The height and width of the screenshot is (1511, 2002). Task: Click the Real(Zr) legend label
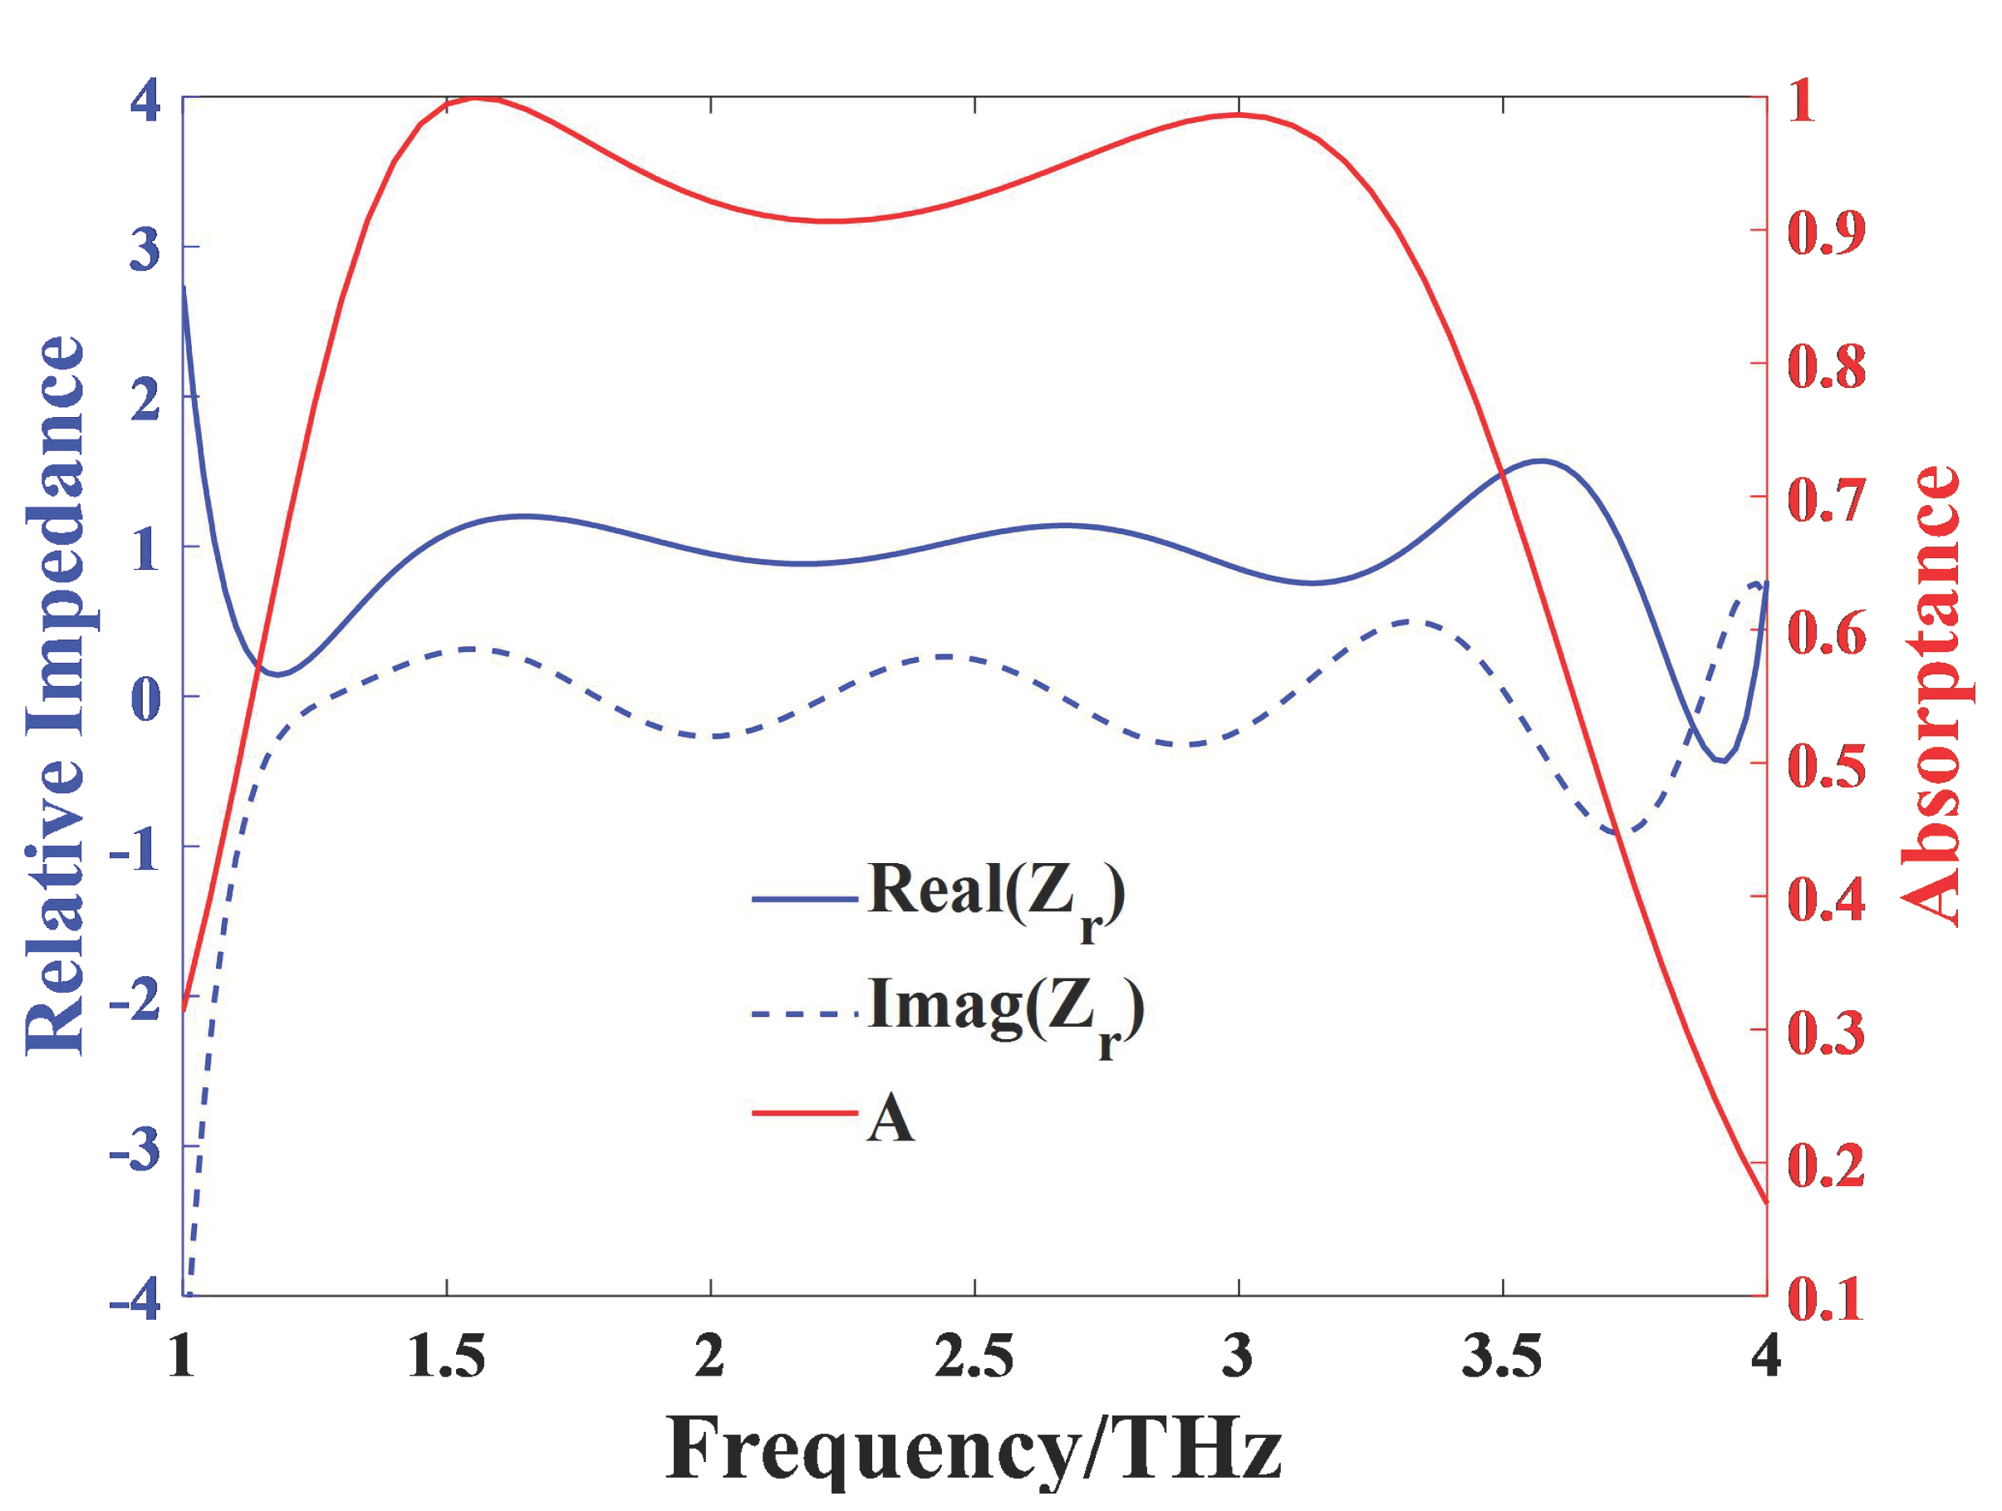995,895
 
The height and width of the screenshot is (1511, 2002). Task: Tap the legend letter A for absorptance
890,1118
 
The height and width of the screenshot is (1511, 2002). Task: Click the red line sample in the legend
803,1111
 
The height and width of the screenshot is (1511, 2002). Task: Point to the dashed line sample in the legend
803,1014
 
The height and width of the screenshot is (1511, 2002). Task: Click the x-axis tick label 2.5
974,1358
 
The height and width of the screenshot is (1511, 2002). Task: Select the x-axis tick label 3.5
1502,1358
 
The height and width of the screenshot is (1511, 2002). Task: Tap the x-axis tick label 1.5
446,1358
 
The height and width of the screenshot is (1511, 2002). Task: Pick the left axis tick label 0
145,699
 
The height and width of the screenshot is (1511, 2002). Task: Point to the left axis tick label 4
145,100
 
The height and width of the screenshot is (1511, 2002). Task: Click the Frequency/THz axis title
974,1449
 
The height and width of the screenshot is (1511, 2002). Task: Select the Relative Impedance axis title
54,695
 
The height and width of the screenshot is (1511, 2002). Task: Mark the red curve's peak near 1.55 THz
476,98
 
